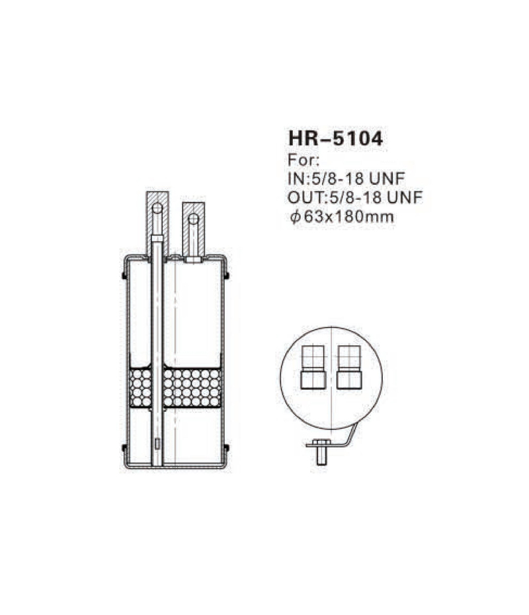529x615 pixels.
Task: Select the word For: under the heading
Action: point(304,160)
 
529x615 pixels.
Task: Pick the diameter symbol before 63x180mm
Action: point(294,216)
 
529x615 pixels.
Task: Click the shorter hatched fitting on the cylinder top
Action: point(193,228)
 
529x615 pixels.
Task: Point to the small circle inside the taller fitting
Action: point(157,209)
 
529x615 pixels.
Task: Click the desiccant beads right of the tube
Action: point(191,388)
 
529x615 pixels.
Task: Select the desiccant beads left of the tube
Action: point(140,388)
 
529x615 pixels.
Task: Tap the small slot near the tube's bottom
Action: point(157,444)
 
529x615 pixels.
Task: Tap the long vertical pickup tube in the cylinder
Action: point(157,331)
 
